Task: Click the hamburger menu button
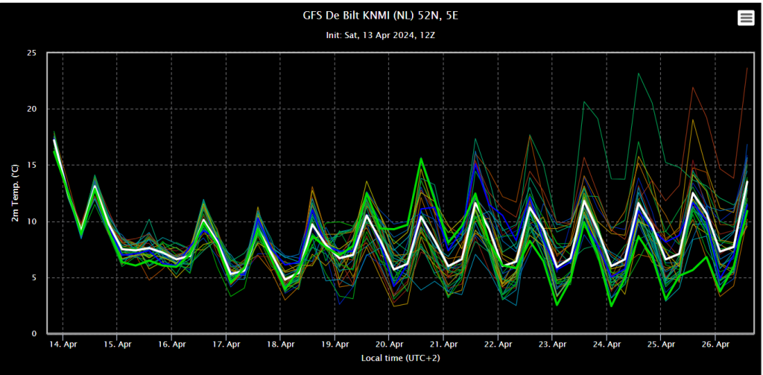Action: point(745,19)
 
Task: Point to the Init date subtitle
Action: point(377,36)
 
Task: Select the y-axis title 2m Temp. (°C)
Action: point(15,193)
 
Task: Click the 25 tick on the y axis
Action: point(33,53)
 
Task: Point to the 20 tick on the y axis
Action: point(33,109)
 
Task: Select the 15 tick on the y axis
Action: point(33,165)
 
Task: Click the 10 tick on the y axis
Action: point(33,221)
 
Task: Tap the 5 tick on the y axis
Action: point(34,277)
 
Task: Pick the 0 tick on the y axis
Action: point(34,334)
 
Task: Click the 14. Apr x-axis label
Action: point(63,344)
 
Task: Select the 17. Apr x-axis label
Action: point(227,344)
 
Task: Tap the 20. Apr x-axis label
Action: point(389,344)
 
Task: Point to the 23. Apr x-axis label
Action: point(552,344)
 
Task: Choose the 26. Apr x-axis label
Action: point(715,344)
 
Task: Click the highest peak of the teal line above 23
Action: point(639,74)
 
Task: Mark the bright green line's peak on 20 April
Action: point(421,158)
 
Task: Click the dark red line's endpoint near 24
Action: point(747,68)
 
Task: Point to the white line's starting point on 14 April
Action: point(54,140)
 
